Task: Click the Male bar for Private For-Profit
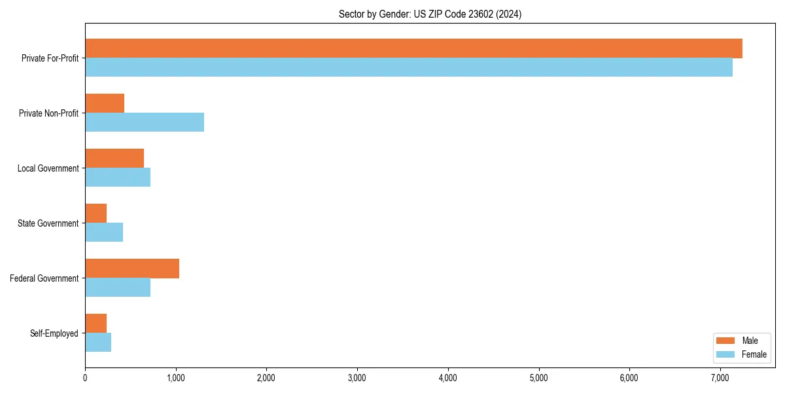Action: coord(413,48)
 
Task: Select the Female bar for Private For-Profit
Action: coord(409,67)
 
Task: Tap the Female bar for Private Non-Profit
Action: coord(145,122)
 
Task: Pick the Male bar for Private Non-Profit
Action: coord(105,103)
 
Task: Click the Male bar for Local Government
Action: coord(114,159)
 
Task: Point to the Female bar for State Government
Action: coord(104,233)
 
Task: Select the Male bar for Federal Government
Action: coord(132,269)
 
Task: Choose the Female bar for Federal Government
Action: coord(118,288)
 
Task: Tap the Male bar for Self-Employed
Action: coord(96,324)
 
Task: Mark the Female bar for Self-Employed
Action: coord(98,343)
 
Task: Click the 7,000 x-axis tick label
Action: coord(720,378)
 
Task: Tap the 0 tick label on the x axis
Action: coord(85,378)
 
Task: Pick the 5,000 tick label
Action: coord(538,378)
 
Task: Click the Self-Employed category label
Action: coord(54,333)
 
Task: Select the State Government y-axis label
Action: coord(48,223)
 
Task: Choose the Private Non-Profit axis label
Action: coord(48,113)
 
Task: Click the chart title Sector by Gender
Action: coord(430,14)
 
